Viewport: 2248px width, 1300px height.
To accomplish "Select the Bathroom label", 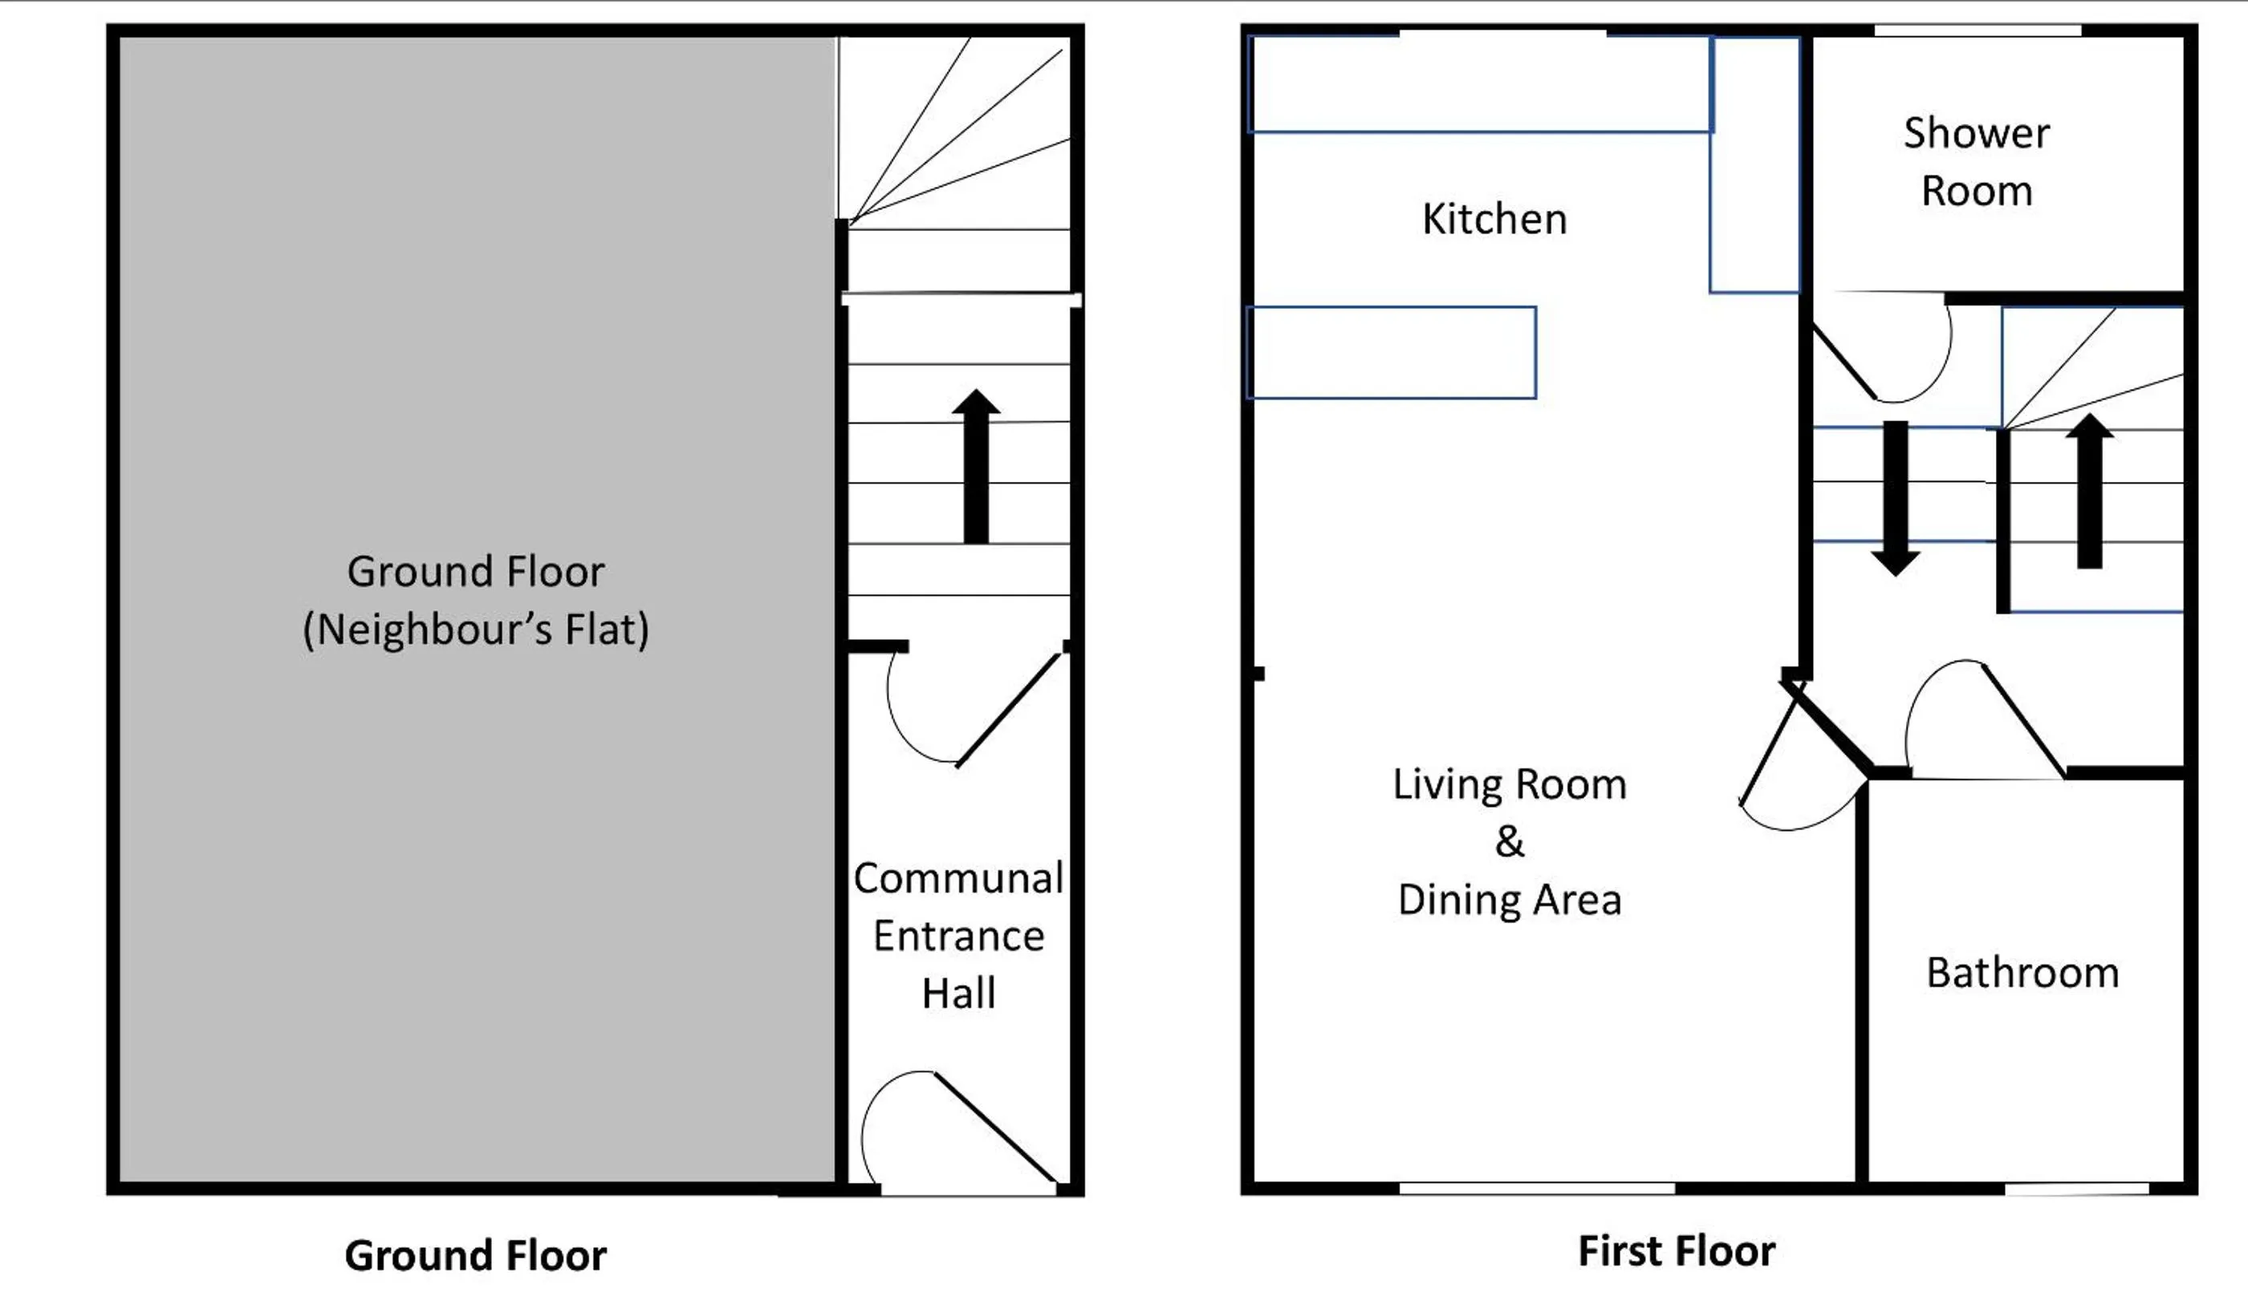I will point(2022,973).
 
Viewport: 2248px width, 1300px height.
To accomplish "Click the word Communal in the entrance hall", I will point(958,878).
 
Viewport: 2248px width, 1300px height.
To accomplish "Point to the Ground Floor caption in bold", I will point(475,1255).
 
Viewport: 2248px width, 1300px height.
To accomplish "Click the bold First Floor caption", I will point(1677,1251).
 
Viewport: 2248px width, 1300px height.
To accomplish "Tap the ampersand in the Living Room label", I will point(1510,840).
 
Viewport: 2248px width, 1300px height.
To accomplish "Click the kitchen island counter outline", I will point(1391,353).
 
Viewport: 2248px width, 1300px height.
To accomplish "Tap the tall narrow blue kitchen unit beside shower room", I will point(1754,165).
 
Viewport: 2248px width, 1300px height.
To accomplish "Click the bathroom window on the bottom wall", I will point(2077,1189).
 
